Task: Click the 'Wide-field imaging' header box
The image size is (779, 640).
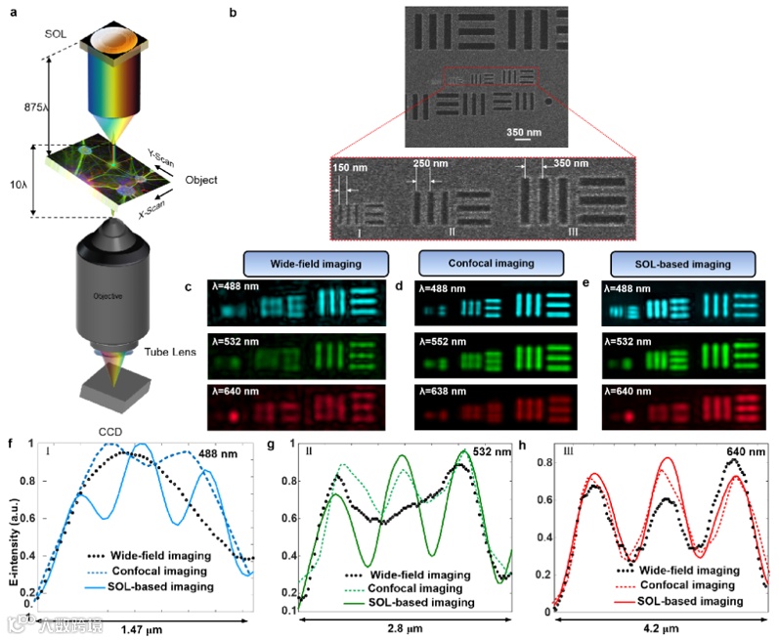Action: coord(316,264)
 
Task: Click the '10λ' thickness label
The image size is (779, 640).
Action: coord(20,182)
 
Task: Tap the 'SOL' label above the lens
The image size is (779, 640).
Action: coord(55,34)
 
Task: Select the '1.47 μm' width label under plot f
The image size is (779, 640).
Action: coord(141,629)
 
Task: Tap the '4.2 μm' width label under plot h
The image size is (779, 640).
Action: coord(660,629)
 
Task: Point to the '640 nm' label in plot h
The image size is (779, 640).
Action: coord(747,451)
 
